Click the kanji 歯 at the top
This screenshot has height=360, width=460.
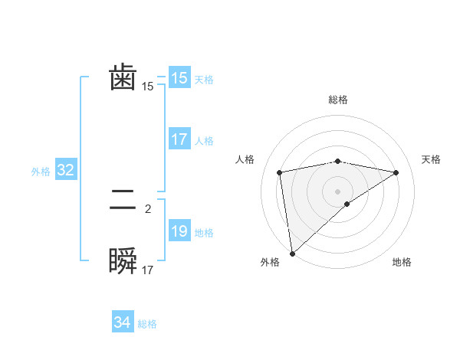pos(123,78)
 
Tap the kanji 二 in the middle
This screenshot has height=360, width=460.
pos(123,201)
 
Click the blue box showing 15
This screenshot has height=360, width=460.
pos(179,78)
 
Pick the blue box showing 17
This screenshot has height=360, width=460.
pos(179,139)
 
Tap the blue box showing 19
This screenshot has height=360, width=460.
pos(179,231)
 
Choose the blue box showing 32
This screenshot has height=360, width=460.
pos(66,170)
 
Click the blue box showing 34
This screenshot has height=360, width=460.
pos(122,322)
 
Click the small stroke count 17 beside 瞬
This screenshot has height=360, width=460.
pos(148,270)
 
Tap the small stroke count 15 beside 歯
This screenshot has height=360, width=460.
pos(148,87)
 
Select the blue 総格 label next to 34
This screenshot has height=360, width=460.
pos(147,324)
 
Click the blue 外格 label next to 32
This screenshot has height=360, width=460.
pos(41,172)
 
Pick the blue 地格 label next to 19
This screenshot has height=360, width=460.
pos(204,233)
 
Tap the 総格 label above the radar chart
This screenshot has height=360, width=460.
pos(337,100)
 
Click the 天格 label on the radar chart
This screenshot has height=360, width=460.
pos(432,159)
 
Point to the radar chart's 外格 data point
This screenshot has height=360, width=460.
pos(292,253)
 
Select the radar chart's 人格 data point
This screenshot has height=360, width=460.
pos(280,172)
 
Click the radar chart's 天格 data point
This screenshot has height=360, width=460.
pos(396,172)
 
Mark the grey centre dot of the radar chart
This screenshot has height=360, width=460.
pos(337,191)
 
